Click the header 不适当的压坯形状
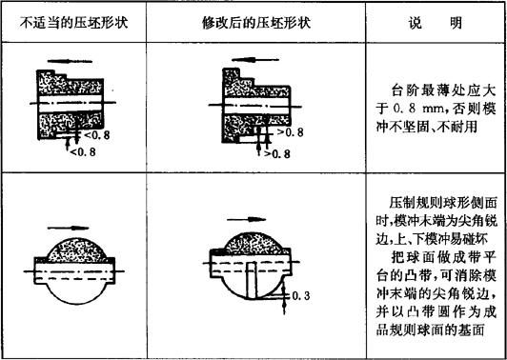(73, 23)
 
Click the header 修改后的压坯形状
(256, 23)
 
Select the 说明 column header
(436, 23)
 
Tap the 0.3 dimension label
(300, 295)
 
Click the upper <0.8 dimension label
(96, 134)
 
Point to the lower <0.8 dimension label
(83, 151)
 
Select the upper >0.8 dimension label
(290, 132)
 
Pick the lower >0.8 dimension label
(276, 153)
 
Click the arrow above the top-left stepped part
(70, 61)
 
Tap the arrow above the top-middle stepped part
(255, 60)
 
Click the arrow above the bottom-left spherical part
(68, 228)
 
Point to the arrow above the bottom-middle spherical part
(247, 219)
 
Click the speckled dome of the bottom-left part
(77, 250)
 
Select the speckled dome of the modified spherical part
(253, 243)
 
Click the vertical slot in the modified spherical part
(251, 280)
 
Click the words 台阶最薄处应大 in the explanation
(443, 91)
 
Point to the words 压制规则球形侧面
(442, 204)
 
